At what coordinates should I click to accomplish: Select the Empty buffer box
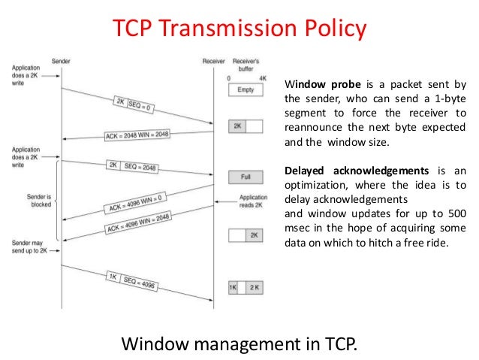[x=245, y=89]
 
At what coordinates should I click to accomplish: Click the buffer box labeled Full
[x=245, y=177]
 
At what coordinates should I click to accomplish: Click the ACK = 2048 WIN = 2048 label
[x=149, y=135]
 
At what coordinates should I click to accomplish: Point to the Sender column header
[x=62, y=60]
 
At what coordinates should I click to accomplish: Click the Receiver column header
[x=214, y=60]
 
